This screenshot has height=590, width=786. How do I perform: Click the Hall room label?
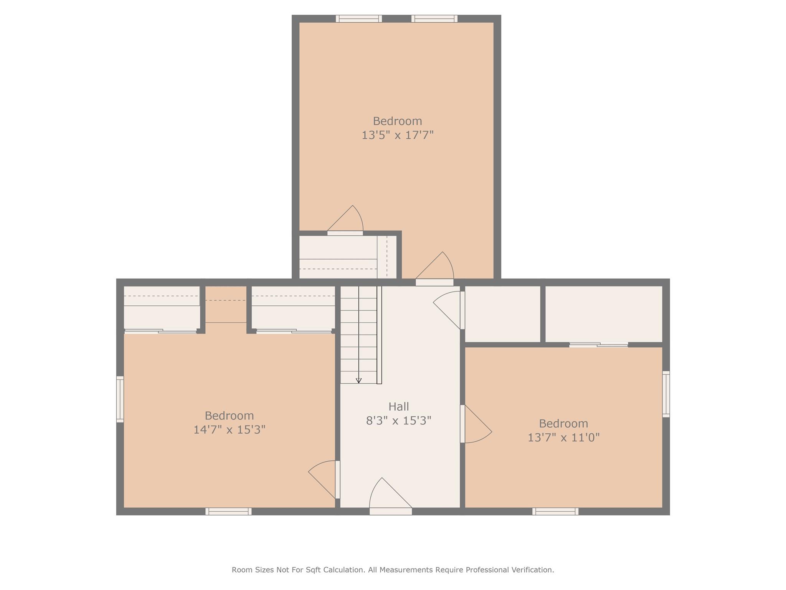pos(398,406)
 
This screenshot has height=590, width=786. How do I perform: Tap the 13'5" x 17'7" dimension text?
pos(398,135)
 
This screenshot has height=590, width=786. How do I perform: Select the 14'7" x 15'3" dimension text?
pos(229,429)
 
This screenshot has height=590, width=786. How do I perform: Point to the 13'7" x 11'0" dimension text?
pos(563,438)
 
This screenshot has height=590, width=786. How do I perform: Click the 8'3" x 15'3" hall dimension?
pos(398,421)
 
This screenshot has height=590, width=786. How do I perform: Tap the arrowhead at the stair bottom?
pos(359,381)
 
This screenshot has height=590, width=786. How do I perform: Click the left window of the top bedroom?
pos(359,18)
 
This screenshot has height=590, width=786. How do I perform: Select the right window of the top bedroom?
pos(434,18)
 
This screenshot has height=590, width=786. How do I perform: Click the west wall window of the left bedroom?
pos(120,399)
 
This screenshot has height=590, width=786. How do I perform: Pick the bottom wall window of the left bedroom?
pos(228,511)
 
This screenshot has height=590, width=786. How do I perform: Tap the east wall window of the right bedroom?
pos(666,394)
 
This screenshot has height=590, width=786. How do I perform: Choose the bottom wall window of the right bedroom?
pos(555,511)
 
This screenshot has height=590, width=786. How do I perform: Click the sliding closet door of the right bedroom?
pos(598,345)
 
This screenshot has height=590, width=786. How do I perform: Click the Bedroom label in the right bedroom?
pos(563,424)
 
